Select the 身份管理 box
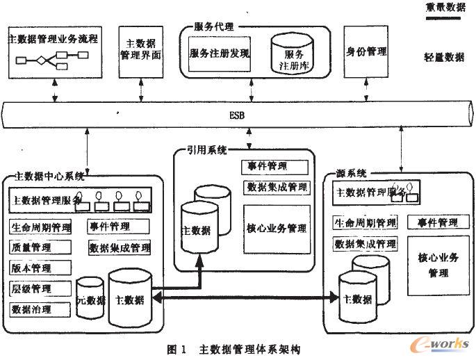tap(367, 52)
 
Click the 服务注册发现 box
tap(220, 53)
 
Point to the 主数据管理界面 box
tap(140, 52)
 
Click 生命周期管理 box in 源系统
tap(365, 223)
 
